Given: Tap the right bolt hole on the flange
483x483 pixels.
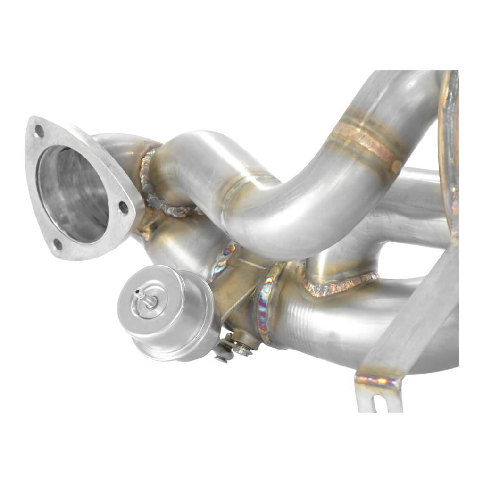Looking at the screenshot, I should pyautogui.click(x=123, y=208).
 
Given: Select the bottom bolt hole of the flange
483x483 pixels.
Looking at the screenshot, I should pyautogui.click(x=58, y=244).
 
